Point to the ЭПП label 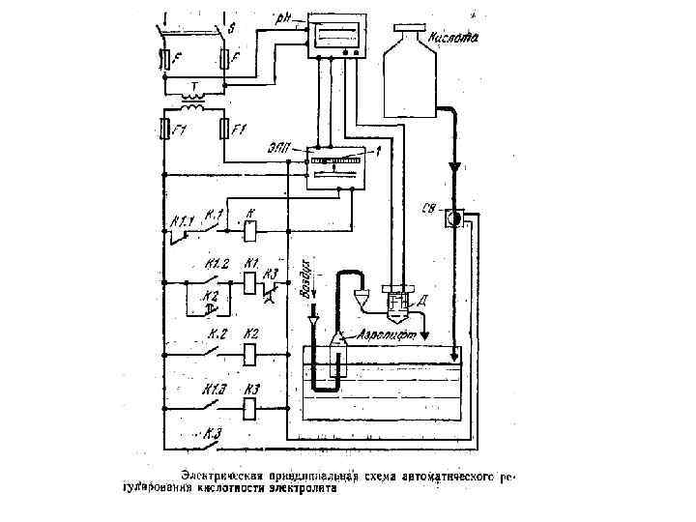[285, 148]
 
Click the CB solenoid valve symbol [451, 217]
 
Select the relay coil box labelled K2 [249, 352]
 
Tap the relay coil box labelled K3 [249, 408]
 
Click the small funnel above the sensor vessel [362, 294]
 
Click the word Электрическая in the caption [219, 477]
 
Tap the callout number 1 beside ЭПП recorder [379, 150]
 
